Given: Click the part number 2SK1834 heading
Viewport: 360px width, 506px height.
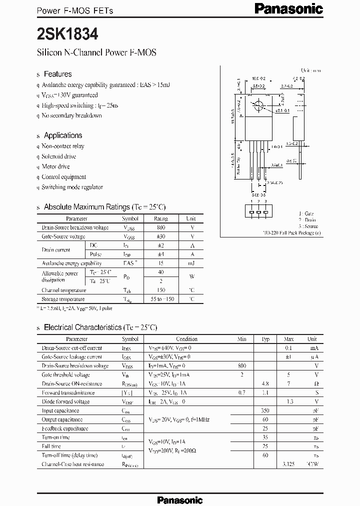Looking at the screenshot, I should click(68, 34).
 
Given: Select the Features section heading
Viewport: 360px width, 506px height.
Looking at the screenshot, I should click(57, 74).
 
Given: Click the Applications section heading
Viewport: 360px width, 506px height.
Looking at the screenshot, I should click(62, 135).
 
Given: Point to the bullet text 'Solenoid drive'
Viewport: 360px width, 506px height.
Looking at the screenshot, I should click(59, 156).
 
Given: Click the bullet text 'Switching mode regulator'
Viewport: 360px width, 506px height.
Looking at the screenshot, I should click(72, 187).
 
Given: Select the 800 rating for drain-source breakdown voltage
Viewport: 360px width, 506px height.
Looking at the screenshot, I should click(160, 227).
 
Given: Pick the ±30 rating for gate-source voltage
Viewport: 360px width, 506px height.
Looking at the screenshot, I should click(160, 236).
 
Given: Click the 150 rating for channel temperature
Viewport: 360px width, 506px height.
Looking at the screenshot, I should click(160, 290).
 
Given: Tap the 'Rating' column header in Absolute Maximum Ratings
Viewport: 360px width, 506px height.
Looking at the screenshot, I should click(160, 218).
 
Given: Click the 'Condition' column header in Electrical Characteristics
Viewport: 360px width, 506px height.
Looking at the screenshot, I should click(186, 339).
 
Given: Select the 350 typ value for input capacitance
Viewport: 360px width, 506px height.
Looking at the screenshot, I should click(265, 410).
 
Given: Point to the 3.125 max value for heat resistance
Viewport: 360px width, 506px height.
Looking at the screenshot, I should click(288, 464).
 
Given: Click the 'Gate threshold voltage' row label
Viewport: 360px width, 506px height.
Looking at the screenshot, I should click(65, 375).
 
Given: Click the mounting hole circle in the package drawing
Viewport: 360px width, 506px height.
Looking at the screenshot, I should click(259, 106).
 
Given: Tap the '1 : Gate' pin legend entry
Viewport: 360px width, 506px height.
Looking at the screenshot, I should click(306, 213).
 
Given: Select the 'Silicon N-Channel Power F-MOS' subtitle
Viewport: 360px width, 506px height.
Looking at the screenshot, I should click(96, 52).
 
